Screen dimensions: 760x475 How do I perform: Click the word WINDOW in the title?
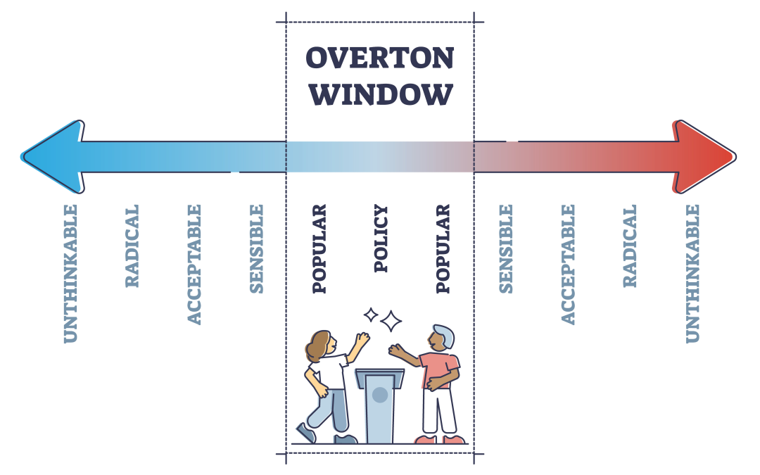pos(379,94)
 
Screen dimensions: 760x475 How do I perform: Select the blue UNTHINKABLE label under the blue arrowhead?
pos(70,273)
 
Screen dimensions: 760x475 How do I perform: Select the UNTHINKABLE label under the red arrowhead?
pos(692,273)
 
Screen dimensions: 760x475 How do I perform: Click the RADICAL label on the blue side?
pos(132,246)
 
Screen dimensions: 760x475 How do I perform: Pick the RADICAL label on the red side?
pos(630,246)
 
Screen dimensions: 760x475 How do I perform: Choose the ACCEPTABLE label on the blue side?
pos(194,264)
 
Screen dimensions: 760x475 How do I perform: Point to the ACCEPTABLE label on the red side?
pos(568,264)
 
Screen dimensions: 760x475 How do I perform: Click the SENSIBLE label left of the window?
pos(257,248)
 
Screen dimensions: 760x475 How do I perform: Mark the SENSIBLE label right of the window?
pos(505,248)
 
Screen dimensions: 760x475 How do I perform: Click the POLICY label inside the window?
pos(381,239)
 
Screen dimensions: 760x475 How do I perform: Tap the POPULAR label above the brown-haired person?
pos(319,248)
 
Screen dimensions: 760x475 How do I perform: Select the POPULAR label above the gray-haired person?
pos(443,248)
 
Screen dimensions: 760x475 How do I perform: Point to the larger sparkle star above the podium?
pos(391,322)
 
